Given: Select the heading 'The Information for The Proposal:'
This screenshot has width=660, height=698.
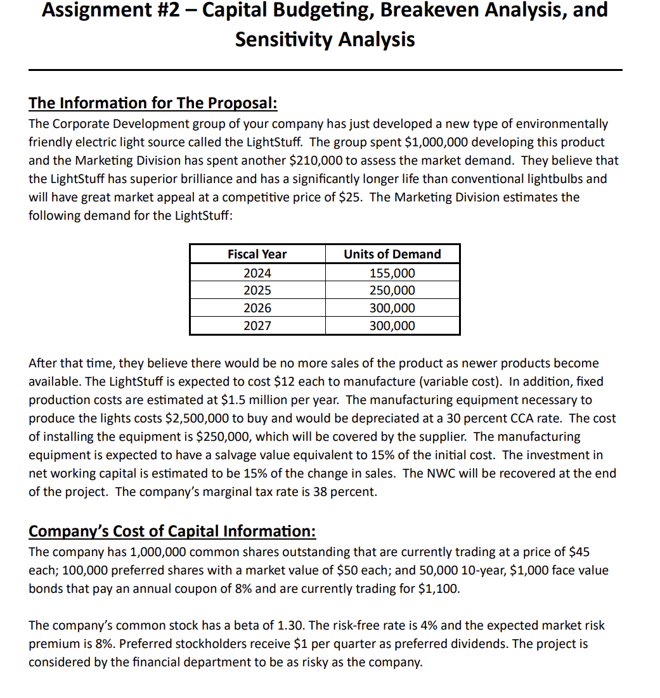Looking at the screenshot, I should (x=153, y=103).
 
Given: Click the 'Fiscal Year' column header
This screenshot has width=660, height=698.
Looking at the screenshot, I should (x=257, y=254).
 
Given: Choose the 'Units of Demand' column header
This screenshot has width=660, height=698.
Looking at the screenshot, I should (x=392, y=254).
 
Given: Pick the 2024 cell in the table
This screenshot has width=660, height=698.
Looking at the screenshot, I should (x=257, y=273).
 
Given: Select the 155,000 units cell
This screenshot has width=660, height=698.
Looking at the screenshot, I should (x=392, y=273).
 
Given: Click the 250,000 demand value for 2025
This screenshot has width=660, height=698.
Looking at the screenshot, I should (x=392, y=291).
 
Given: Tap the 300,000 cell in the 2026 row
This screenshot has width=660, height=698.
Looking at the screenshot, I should (x=392, y=308).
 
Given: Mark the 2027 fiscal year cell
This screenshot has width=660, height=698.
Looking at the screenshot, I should (x=257, y=326).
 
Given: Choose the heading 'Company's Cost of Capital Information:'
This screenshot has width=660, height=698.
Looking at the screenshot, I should (x=172, y=530).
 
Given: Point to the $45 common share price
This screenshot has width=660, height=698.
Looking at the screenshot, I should (x=580, y=552).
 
